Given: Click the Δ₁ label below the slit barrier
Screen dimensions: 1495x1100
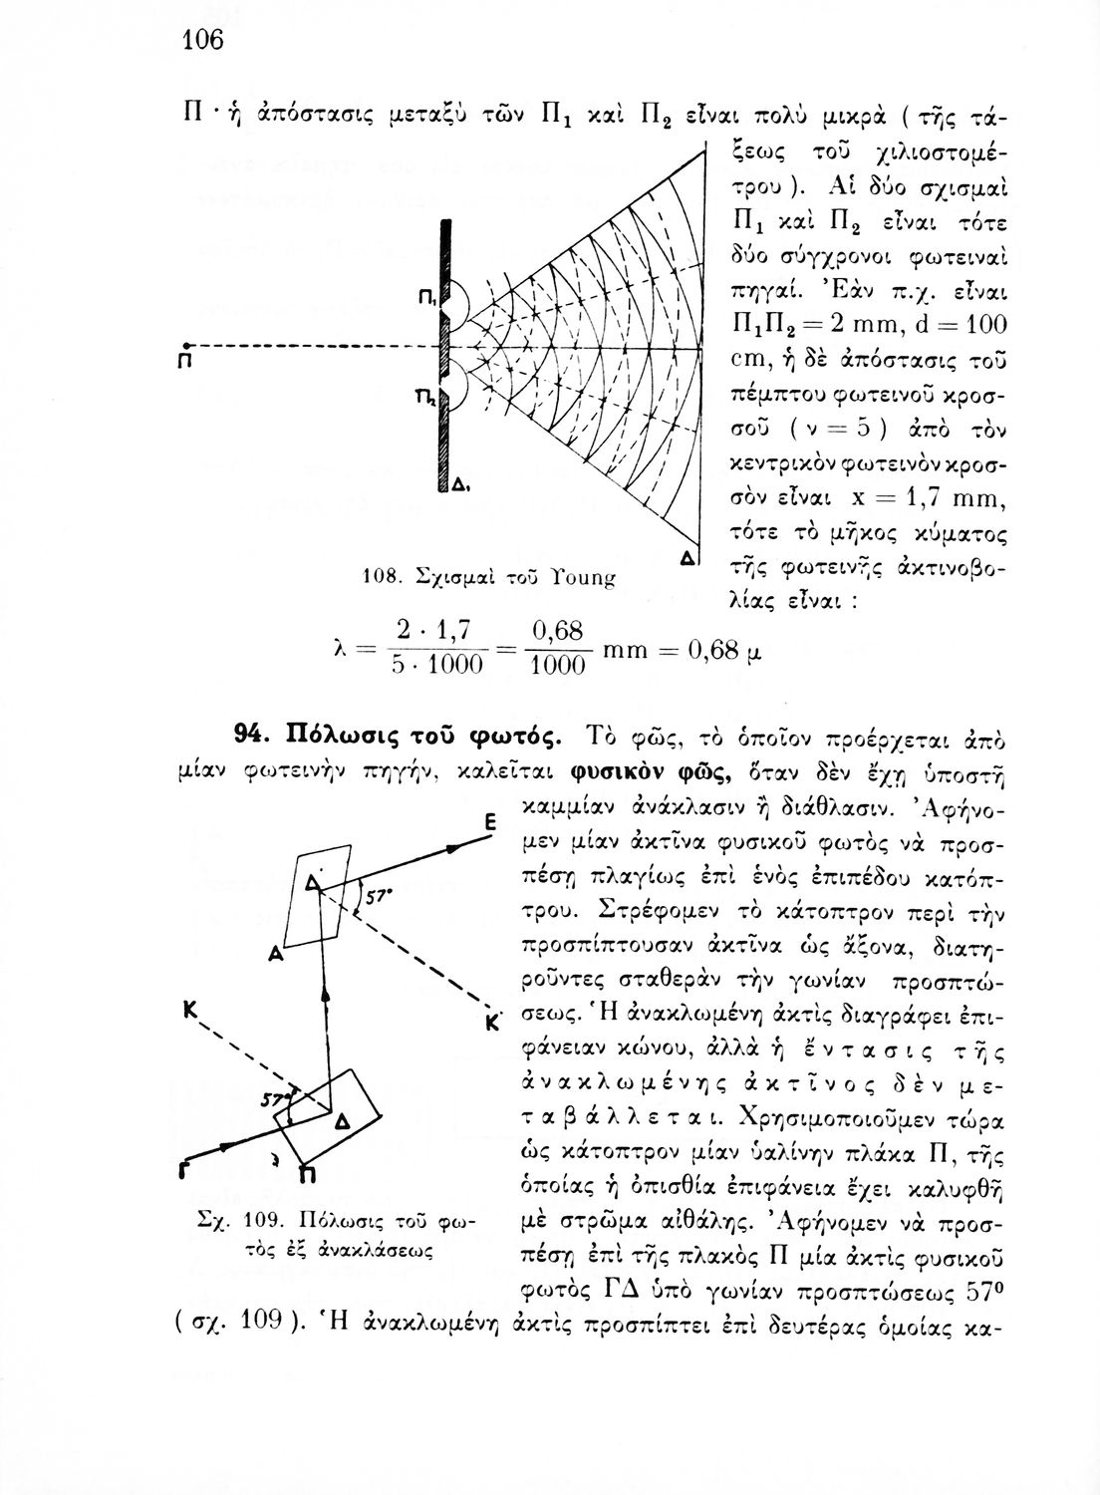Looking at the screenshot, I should coord(460,486).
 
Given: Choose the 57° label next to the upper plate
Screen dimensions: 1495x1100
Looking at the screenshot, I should coord(378,896).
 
